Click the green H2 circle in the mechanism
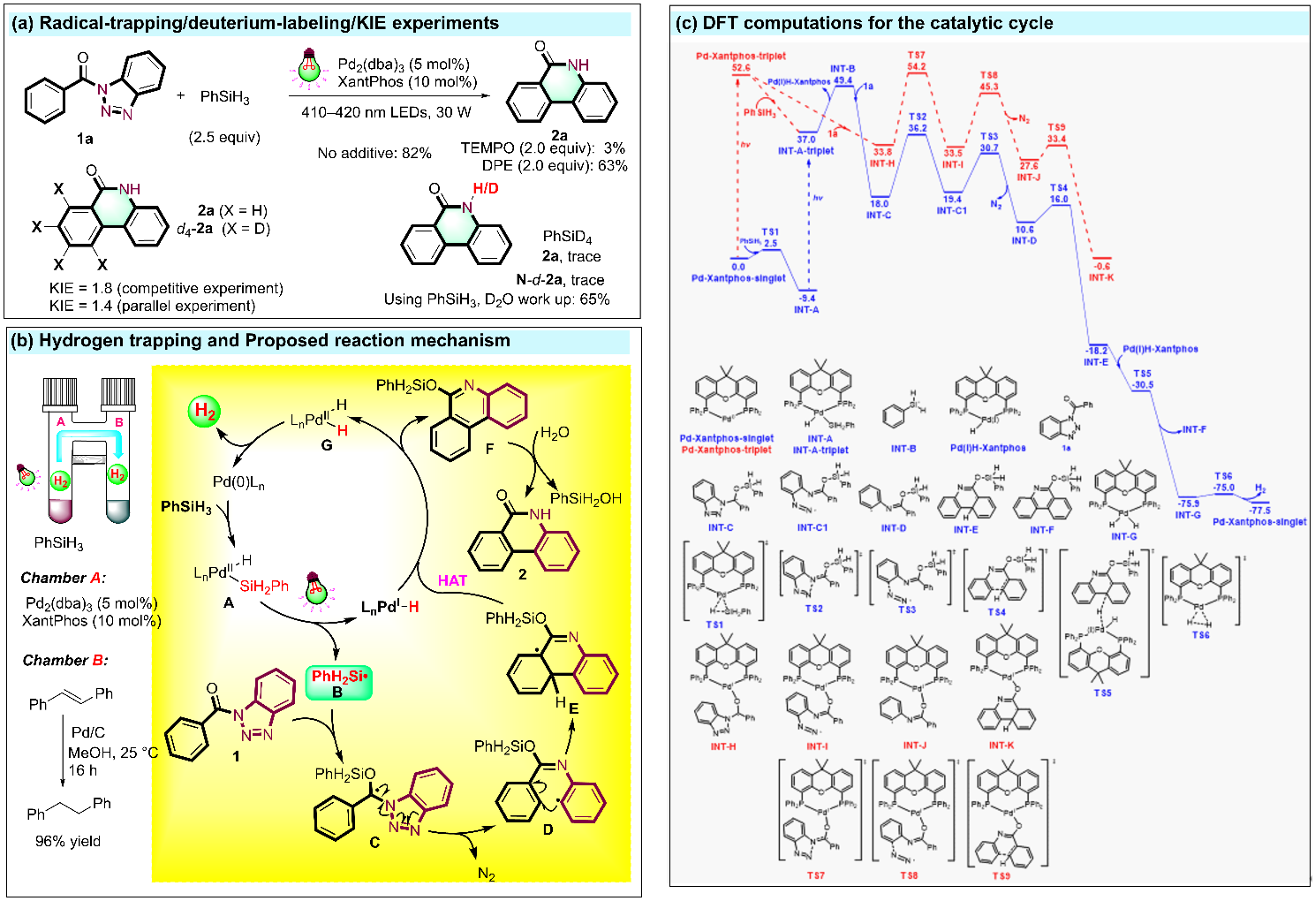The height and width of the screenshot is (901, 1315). (x=204, y=411)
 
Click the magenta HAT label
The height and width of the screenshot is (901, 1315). (x=452, y=580)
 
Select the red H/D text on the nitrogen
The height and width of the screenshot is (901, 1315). (x=485, y=188)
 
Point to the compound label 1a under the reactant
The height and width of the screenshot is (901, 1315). (x=85, y=138)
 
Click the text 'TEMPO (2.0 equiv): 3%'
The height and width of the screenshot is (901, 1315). (x=542, y=148)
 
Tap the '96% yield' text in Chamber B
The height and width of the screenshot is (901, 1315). (x=68, y=841)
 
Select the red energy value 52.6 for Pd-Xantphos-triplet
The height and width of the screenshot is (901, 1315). (x=741, y=67)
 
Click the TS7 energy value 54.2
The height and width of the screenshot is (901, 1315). (x=917, y=66)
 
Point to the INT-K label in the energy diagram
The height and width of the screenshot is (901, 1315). (x=1101, y=277)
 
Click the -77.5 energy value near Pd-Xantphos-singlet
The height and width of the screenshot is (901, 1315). (x=1260, y=511)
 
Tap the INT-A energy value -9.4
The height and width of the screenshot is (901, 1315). (x=807, y=299)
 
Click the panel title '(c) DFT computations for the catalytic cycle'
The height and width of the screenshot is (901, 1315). (x=864, y=23)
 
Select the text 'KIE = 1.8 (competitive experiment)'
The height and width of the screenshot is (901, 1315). (x=167, y=288)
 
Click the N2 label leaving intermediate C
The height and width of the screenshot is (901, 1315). (x=486, y=874)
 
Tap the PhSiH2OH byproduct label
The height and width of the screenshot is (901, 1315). (x=586, y=498)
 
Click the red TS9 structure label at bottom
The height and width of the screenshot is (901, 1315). (x=1001, y=875)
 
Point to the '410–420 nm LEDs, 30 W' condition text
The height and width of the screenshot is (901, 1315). (x=386, y=112)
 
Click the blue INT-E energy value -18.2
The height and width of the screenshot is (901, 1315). (x=1097, y=351)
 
